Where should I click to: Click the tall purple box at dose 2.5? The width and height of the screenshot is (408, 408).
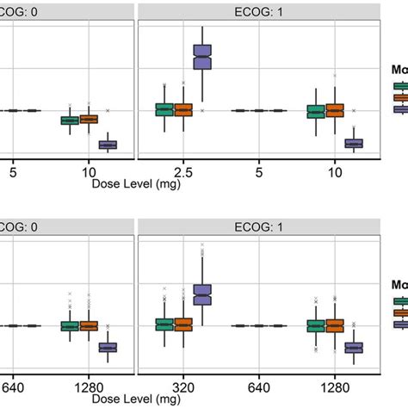pos(202,59)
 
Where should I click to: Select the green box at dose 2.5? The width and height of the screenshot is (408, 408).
pos(164,109)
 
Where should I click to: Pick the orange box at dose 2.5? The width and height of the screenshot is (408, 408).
pos(183,109)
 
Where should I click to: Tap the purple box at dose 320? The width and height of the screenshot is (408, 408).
pos(202,294)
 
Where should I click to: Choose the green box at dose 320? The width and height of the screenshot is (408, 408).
pos(164,325)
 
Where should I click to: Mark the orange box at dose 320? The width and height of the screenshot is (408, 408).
pos(183,325)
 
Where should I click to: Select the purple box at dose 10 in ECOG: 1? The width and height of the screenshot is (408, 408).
pos(354,143)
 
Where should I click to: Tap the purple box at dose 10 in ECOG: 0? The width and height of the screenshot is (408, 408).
pos(108,145)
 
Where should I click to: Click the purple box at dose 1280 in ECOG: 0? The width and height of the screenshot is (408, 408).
pos(108,347)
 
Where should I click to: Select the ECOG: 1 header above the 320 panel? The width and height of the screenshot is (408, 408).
pos(259,227)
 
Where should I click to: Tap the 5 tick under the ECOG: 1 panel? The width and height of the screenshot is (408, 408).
pos(259,171)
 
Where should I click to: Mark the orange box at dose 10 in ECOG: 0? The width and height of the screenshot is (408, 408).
pos(89,119)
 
